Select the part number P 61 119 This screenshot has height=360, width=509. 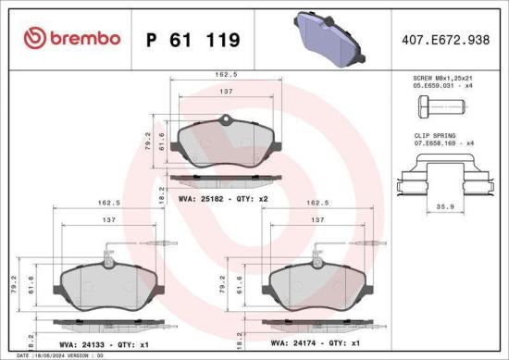[x=193, y=39]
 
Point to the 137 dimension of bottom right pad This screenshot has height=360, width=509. [x=317, y=220]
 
